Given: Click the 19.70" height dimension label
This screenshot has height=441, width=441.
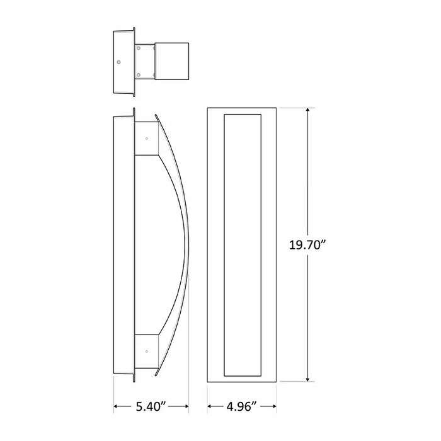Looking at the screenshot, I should [307, 246].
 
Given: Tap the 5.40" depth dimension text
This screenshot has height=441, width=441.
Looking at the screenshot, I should [151, 406].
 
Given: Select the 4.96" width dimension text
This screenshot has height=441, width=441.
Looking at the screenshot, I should [241, 406].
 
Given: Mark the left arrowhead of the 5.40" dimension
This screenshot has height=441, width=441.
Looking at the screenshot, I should [116, 406].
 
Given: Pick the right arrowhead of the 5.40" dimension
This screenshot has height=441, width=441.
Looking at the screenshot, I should [187, 406].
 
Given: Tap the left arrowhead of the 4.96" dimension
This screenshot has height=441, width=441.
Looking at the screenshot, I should [210, 406].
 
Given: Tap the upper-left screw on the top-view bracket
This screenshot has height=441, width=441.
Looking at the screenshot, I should [138, 49].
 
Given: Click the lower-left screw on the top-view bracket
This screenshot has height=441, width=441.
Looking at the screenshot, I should [138, 74].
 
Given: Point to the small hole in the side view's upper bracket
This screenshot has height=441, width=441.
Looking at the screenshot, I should [146, 138].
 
